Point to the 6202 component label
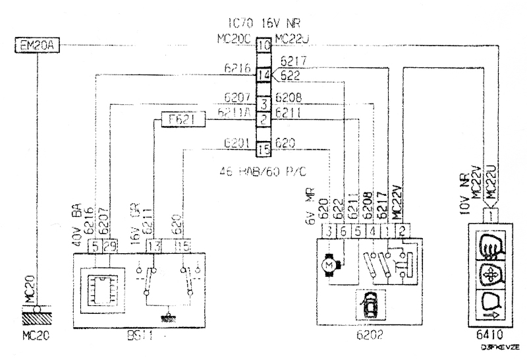(x=369, y=335)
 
